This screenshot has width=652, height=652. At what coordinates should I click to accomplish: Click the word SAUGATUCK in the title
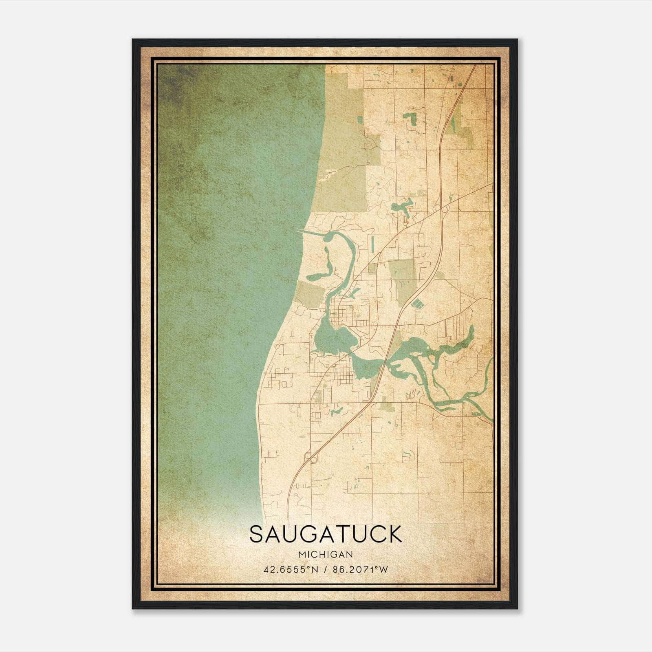(325, 534)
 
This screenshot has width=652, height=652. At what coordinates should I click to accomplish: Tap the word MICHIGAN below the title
(325, 554)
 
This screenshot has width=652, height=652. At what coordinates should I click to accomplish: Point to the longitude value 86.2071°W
(361, 569)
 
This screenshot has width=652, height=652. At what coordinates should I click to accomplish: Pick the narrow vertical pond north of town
(372, 243)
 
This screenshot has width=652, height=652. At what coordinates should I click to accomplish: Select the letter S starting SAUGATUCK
(257, 534)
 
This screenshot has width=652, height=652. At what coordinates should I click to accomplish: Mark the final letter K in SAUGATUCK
(394, 534)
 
